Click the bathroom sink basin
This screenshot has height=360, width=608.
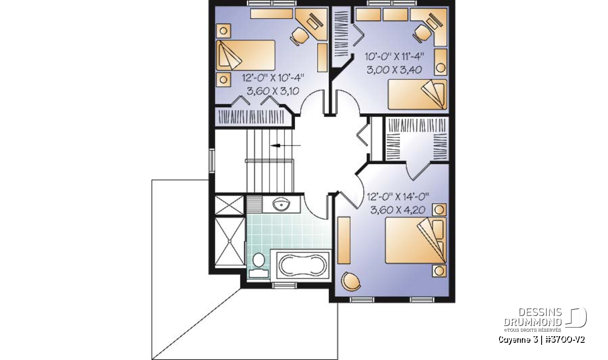pyautogui.click(x=281, y=204)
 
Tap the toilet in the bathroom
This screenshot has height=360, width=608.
pyautogui.click(x=258, y=265)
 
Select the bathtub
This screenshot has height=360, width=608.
pyautogui.click(x=302, y=265)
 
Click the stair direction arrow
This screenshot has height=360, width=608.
pyautogui.click(x=286, y=146)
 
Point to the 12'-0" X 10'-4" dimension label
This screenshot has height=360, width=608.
pyautogui.click(x=273, y=78)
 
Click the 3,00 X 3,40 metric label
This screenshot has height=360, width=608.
pyautogui.click(x=394, y=70)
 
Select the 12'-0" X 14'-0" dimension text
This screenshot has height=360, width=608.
pyautogui.click(x=398, y=196)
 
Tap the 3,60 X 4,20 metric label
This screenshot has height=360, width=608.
pyautogui.click(x=398, y=210)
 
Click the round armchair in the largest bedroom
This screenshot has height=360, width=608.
pyautogui.click(x=351, y=281)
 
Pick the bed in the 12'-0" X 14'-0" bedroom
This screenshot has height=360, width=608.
pyautogui.click(x=415, y=240)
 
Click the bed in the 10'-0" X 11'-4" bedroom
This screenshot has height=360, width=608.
pyautogui.click(x=417, y=94)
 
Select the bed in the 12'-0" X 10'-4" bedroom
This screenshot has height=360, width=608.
pyautogui.click(x=246, y=55)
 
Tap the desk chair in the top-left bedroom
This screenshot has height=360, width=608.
pyautogui.click(x=299, y=36)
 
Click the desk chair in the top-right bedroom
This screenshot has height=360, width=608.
pyautogui.click(x=422, y=33)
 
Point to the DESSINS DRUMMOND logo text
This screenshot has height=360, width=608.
pyautogui.click(x=533, y=317)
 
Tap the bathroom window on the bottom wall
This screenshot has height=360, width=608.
pyautogui.click(x=284, y=285)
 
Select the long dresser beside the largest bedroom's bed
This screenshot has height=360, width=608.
pyautogui.click(x=344, y=241)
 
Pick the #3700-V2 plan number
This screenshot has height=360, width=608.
pyautogui.click(x=564, y=340)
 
